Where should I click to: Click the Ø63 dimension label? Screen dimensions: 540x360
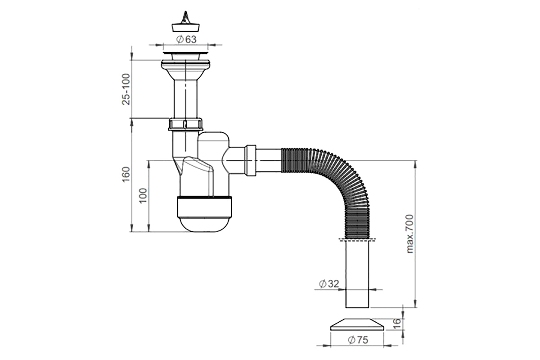click(x=186, y=39)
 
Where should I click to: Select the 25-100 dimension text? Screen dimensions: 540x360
click(x=126, y=89)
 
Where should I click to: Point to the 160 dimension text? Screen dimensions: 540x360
click(x=126, y=174)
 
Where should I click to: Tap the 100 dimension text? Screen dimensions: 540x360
click(x=143, y=196)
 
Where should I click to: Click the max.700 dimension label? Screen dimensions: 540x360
click(x=410, y=234)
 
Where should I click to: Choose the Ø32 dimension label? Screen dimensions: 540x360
click(x=329, y=284)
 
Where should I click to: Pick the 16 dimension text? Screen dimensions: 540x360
click(x=396, y=324)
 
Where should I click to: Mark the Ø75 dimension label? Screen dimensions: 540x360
click(x=358, y=340)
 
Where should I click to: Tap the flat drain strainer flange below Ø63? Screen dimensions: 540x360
click(x=185, y=53)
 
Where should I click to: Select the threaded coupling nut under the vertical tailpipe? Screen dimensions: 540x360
click(x=185, y=124)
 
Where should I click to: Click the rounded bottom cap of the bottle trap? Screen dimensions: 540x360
click(x=205, y=225)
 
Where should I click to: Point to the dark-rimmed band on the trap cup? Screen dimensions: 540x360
click(x=204, y=207)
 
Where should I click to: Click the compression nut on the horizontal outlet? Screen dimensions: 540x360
click(x=251, y=160)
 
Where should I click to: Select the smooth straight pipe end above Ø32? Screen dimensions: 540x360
click(x=357, y=274)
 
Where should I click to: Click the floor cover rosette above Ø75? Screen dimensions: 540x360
click(x=357, y=324)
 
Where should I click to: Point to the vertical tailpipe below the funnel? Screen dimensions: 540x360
click(x=185, y=99)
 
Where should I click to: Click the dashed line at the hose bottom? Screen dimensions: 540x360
click(x=357, y=239)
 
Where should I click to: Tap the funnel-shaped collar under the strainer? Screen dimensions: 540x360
click(x=185, y=70)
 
